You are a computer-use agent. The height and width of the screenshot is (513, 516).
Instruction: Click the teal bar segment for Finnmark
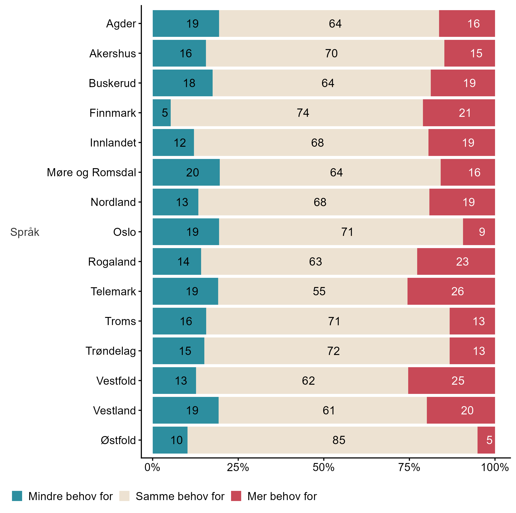coord(161,113)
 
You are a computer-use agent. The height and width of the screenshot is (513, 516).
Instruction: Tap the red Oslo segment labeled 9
coord(479,232)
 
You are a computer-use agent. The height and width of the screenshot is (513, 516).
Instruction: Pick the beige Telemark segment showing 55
coord(313,291)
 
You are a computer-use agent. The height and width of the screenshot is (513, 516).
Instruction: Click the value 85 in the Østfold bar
coord(339,440)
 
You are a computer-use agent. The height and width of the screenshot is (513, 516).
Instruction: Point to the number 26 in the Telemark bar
coord(457,291)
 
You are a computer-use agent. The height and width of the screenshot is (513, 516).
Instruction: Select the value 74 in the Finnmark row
coord(303,113)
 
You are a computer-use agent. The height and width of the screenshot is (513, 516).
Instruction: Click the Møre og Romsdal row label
coord(91,173)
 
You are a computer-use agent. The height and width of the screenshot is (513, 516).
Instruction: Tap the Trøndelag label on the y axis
coord(111,351)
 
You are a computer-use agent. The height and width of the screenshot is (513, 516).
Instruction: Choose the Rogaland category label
coord(112,262)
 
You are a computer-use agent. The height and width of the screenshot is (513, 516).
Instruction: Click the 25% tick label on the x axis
coord(238,467)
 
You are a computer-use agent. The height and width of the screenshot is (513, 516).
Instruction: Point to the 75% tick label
coord(409,467)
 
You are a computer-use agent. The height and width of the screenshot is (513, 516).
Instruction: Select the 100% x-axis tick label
coord(495,467)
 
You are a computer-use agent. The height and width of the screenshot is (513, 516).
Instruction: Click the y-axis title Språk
coord(25,232)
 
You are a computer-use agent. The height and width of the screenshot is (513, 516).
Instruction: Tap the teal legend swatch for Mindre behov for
coord(17,496)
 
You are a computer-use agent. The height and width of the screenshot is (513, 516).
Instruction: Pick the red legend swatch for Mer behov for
coord(236,496)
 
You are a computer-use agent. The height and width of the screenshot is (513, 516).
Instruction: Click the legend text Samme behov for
coord(180,496)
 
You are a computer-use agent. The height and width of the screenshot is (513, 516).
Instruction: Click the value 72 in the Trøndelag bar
coord(333,351)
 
